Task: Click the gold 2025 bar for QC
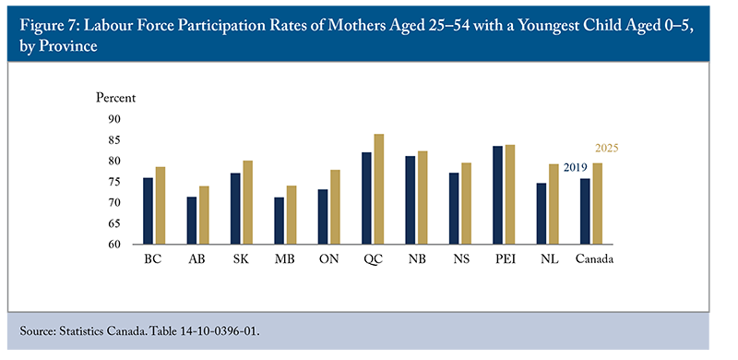pyautogui.click(x=379, y=189)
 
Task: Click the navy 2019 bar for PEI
pyautogui.click(x=497, y=195)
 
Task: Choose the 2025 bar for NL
pyautogui.click(x=553, y=204)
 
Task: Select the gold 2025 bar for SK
pyautogui.click(x=247, y=202)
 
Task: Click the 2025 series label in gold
pyautogui.click(x=606, y=149)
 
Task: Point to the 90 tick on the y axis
pyautogui.click(x=115, y=119)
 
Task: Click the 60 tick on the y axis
pyautogui.click(x=115, y=245)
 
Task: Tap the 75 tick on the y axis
pyautogui.click(x=115, y=182)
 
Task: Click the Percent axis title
pyautogui.click(x=116, y=97)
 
